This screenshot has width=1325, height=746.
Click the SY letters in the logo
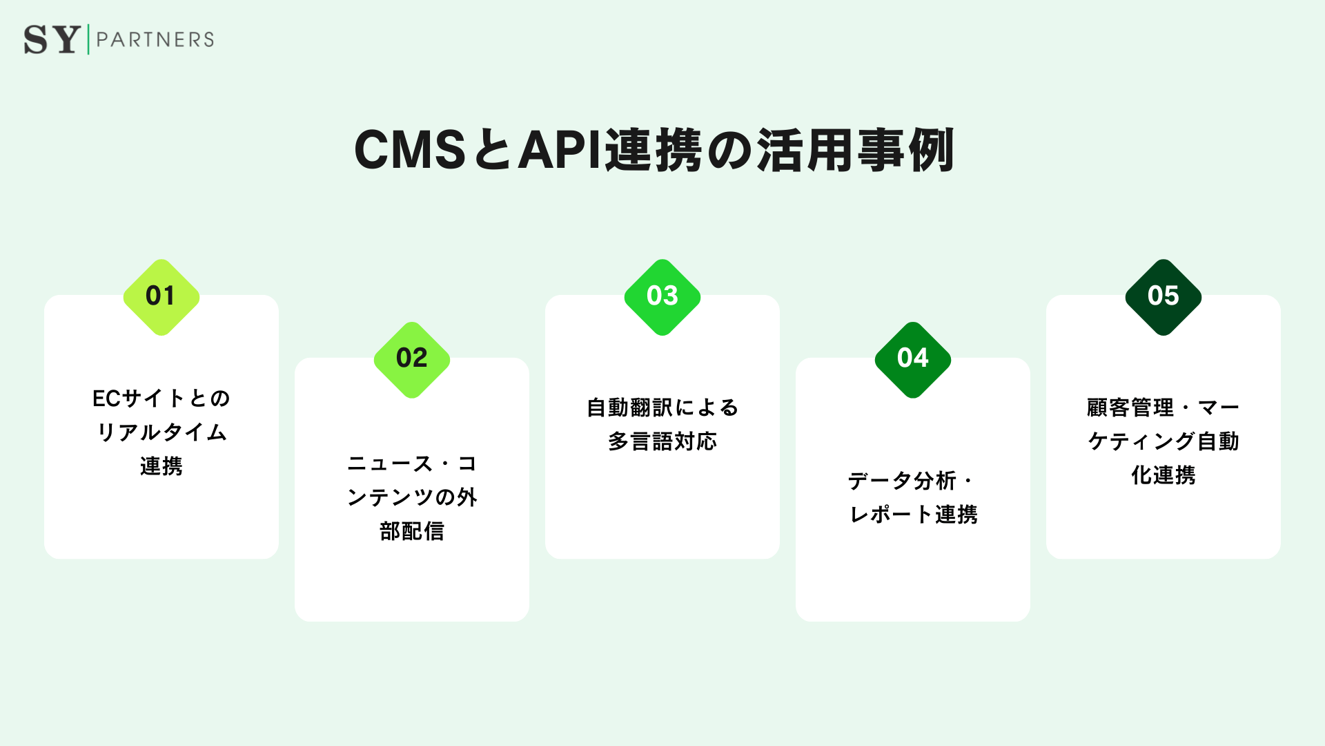pos(52,39)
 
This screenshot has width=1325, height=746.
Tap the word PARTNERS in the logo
pos(155,39)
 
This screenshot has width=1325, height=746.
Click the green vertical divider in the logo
pos(88,39)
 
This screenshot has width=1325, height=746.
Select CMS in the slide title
pos(410,150)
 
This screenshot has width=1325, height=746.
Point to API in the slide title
pos(560,150)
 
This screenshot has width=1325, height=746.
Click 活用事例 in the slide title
pos(856,150)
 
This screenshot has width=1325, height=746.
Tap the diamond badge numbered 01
pos(161,297)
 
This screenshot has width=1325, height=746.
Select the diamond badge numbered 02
pos(412,359)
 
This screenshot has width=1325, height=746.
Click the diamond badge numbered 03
pos(662,297)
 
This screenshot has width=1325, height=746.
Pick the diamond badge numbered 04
pos(913,359)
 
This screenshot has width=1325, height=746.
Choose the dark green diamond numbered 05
pos(1164,297)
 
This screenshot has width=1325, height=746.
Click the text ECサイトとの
pos(161,399)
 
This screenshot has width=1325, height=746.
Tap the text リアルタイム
pos(161,432)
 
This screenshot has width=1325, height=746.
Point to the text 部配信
pos(412,531)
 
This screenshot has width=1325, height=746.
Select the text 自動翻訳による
pos(662,408)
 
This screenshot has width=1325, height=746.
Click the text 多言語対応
pos(662,441)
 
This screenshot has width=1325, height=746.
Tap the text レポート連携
pos(913,515)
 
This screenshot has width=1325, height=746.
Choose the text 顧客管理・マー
pos(1164,408)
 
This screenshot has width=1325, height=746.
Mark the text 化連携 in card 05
pos(1164,475)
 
